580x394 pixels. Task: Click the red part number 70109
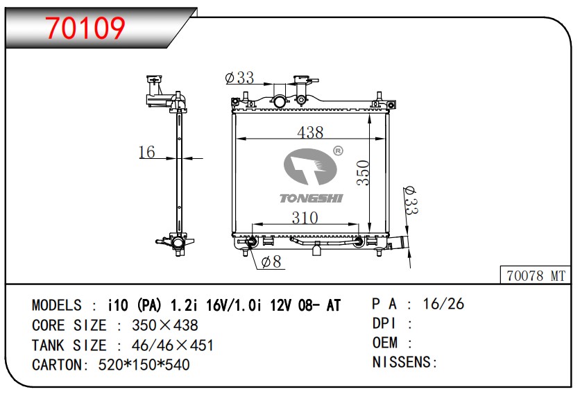pyautogui.click(x=86, y=28)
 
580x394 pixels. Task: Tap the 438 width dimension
pyautogui.click(x=310, y=132)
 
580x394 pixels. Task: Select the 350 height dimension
pyautogui.click(x=364, y=173)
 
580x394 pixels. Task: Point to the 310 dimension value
pyautogui.click(x=305, y=218)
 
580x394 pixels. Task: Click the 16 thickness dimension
pyautogui.click(x=146, y=152)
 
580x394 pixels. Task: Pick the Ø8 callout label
pyautogui.click(x=271, y=262)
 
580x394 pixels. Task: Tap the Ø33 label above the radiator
pyautogui.click(x=239, y=78)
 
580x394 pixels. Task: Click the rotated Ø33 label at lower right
pyautogui.click(x=411, y=201)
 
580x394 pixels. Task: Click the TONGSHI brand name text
pyautogui.click(x=311, y=198)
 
